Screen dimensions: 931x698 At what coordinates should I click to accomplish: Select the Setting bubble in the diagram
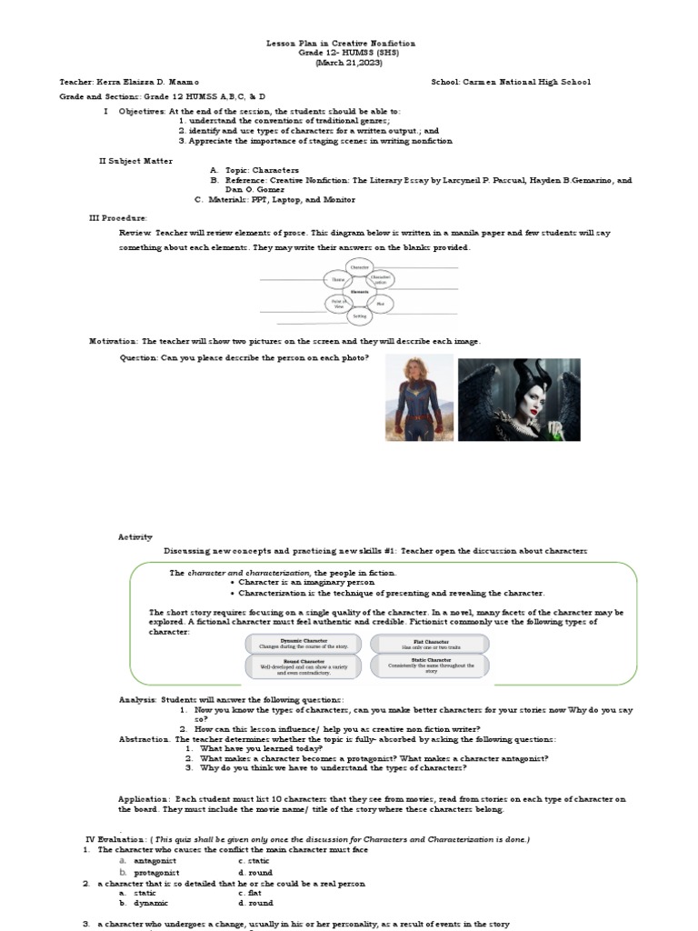[x=360, y=315]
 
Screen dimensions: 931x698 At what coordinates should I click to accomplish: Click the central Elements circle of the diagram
[x=359, y=292]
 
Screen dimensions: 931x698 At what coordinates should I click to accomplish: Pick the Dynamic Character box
[x=304, y=644]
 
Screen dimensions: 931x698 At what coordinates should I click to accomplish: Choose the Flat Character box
[x=426, y=644]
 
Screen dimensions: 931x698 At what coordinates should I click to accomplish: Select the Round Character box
[x=304, y=666]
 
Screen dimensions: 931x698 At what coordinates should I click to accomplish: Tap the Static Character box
[x=426, y=666]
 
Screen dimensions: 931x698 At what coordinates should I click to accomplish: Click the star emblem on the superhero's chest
[x=414, y=397]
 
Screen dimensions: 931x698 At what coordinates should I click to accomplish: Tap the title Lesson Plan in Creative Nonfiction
[x=341, y=43]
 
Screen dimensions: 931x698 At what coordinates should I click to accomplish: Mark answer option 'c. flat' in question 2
[x=250, y=893]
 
